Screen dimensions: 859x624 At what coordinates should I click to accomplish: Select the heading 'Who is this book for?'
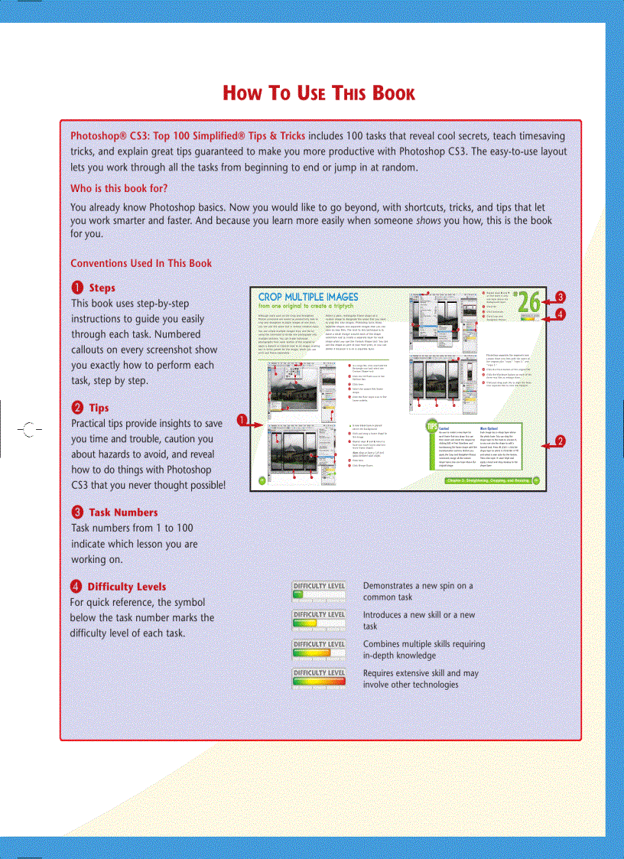click(119, 188)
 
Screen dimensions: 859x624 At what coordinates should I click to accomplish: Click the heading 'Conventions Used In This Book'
click(141, 263)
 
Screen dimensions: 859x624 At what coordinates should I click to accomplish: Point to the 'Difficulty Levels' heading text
click(126, 587)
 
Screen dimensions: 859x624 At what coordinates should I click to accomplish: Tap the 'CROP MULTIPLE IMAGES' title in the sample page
click(308, 297)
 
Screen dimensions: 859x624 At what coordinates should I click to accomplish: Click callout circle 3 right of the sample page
click(561, 297)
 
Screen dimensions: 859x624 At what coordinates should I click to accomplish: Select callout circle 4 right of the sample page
click(561, 314)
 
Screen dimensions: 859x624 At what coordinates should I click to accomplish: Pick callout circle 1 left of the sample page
click(241, 419)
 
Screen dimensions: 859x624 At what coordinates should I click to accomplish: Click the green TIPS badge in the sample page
click(432, 427)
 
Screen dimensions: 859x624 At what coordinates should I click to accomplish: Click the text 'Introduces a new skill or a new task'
click(419, 620)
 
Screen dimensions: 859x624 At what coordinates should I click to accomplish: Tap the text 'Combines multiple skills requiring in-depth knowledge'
click(424, 649)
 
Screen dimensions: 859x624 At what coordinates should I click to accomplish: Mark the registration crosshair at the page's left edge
click(28, 428)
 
